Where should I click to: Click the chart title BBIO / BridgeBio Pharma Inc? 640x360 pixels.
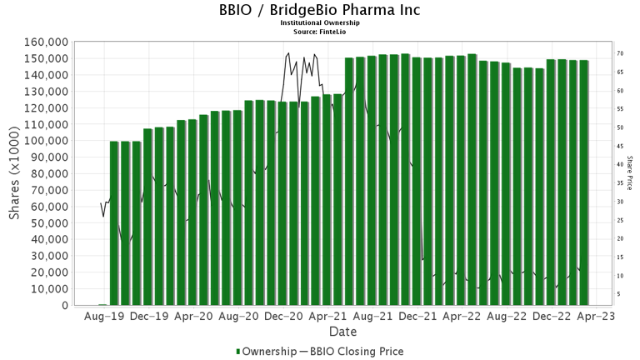click(320, 11)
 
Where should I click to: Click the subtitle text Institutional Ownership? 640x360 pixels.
click(320, 23)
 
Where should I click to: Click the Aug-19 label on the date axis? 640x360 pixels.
click(105, 317)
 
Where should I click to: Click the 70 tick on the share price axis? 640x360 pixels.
click(621, 53)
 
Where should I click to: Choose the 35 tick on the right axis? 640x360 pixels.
click(621, 183)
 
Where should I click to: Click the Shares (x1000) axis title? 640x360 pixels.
click(15, 173)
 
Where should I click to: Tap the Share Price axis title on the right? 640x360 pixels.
click(631, 173)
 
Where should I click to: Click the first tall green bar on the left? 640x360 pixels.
click(114, 223)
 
